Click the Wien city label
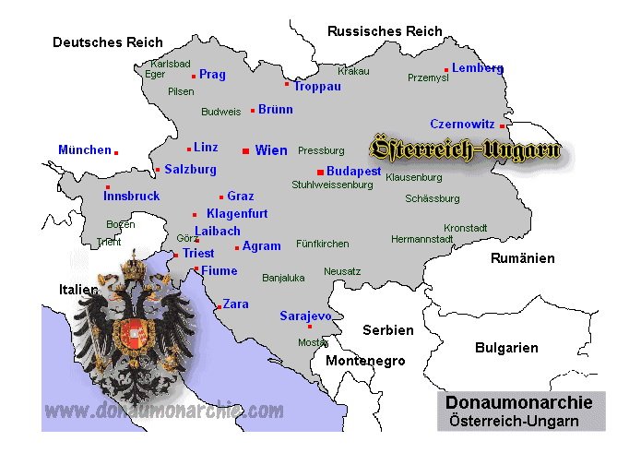271,150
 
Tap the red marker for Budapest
319,172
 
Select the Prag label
212,75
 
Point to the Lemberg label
478,68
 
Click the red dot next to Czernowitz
502,125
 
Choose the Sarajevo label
305,316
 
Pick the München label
84,149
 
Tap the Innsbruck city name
132,196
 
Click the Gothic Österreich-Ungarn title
464,149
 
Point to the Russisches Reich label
385,31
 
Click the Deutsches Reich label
108,42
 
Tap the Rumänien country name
522,258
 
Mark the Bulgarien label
506,348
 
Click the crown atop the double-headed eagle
136,267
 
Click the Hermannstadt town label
422,239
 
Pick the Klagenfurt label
237,213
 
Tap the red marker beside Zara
218,306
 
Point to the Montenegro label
365,361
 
